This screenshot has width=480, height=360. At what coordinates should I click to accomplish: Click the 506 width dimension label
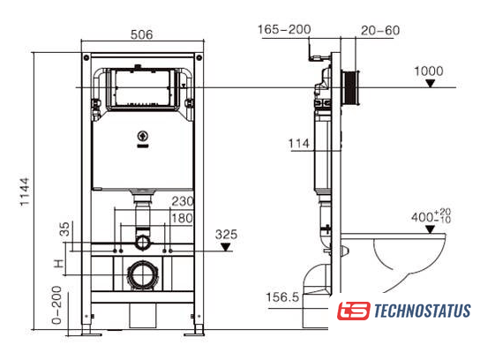pyautogui.click(x=141, y=34)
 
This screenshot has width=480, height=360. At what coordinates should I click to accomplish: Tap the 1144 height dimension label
pyautogui.click(x=25, y=192)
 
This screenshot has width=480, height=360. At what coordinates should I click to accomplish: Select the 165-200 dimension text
pyautogui.click(x=284, y=29)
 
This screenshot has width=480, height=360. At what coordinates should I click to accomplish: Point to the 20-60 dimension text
pyautogui.click(x=380, y=30)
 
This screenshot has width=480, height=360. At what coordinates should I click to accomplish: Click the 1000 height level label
pyautogui.click(x=429, y=71)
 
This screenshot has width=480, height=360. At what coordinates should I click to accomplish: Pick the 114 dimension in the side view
pyautogui.click(x=299, y=144)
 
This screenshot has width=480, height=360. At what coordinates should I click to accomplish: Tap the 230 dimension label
pyautogui.click(x=183, y=201)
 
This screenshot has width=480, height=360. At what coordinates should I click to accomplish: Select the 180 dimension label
pyautogui.click(x=182, y=218)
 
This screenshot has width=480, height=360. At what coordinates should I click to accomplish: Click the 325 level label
pyautogui.click(x=226, y=235)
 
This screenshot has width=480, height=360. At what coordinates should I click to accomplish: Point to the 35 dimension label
pyautogui.click(x=64, y=229)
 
